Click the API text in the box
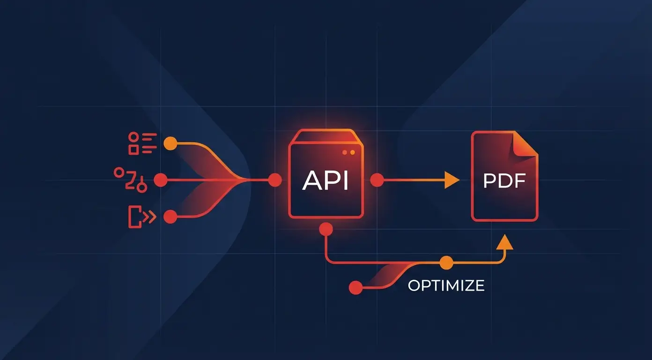click(x=326, y=180)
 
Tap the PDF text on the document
click(x=504, y=181)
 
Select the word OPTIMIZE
click(x=446, y=285)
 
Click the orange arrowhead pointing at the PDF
click(x=452, y=180)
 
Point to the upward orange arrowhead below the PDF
click(x=504, y=242)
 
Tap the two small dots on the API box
click(x=348, y=152)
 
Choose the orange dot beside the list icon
click(x=170, y=143)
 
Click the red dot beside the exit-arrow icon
click(x=170, y=217)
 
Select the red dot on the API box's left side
click(x=275, y=180)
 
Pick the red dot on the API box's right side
click(x=377, y=180)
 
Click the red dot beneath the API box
click(x=326, y=229)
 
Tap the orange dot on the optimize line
click(x=446, y=262)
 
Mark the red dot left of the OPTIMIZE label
click(x=356, y=287)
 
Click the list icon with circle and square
click(x=142, y=143)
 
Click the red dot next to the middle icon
click(x=161, y=180)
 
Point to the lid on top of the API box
click(x=326, y=137)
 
